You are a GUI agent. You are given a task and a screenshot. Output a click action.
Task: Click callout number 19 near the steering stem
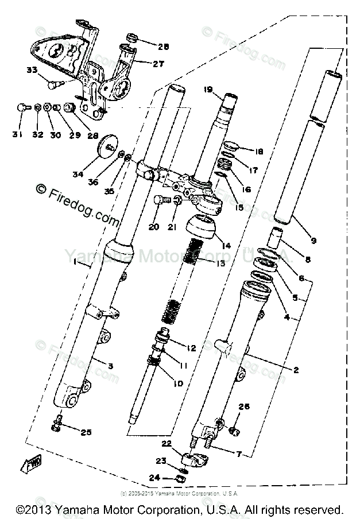[x=208, y=90]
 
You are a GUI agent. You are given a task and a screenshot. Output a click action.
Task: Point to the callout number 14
[x=226, y=245]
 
